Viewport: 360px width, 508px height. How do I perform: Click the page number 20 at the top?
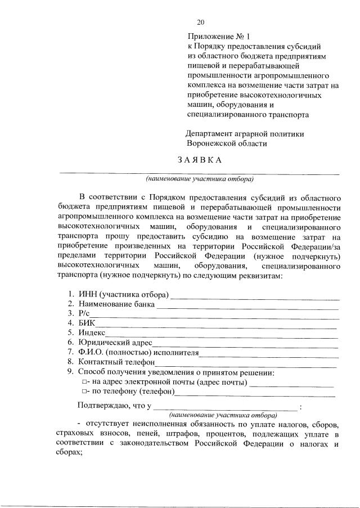point(201,23)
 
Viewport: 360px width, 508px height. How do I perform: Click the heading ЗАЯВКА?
point(200,159)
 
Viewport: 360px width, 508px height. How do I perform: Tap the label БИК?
point(87,323)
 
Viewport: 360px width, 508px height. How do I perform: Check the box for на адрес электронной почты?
point(84,383)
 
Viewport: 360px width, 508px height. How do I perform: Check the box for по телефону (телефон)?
point(84,392)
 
